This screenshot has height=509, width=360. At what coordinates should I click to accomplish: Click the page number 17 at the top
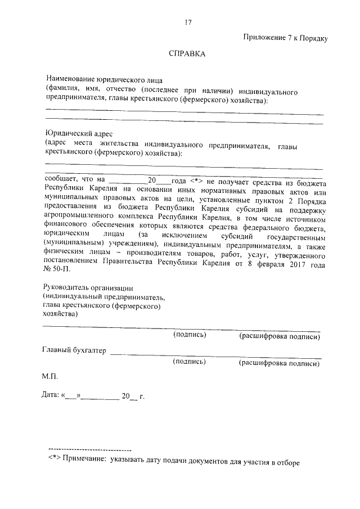pyautogui.click(x=188, y=22)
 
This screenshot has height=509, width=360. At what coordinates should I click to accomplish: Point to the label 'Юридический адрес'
pyautogui.click(x=79, y=133)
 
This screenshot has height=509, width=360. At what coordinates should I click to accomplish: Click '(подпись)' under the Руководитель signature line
pyautogui.click(x=189, y=336)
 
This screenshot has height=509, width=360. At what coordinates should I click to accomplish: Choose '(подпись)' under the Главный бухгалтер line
pyautogui.click(x=189, y=363)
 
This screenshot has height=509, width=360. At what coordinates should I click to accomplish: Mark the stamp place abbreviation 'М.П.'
pyautogui.click(x=50, y=375)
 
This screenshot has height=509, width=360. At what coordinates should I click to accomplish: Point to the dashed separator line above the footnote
pyautogui.click(x=90, y=451)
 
